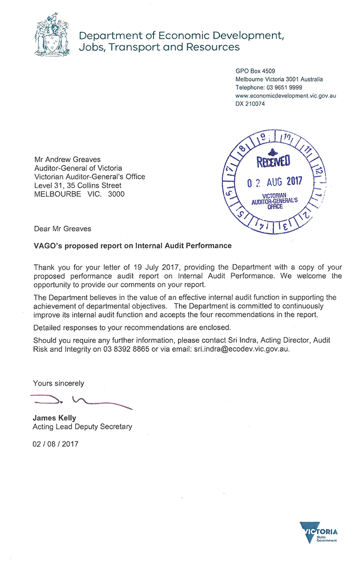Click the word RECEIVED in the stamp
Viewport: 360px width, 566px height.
coord(273,161)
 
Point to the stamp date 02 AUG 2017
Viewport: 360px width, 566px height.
coord(275,182)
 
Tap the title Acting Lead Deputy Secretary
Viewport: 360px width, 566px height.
coord(82,427)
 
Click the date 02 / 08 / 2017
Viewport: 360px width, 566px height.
coord(55,444)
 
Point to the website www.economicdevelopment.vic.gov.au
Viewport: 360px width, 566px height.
coord(286,96)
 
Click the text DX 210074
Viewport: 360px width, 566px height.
coord(250,104)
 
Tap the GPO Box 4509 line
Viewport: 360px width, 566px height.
coord(255,71)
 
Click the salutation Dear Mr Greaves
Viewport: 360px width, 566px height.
coord(62,229)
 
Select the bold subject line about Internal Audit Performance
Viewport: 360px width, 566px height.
coord(133,246)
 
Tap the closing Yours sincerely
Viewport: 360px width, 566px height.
coord(58,383)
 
